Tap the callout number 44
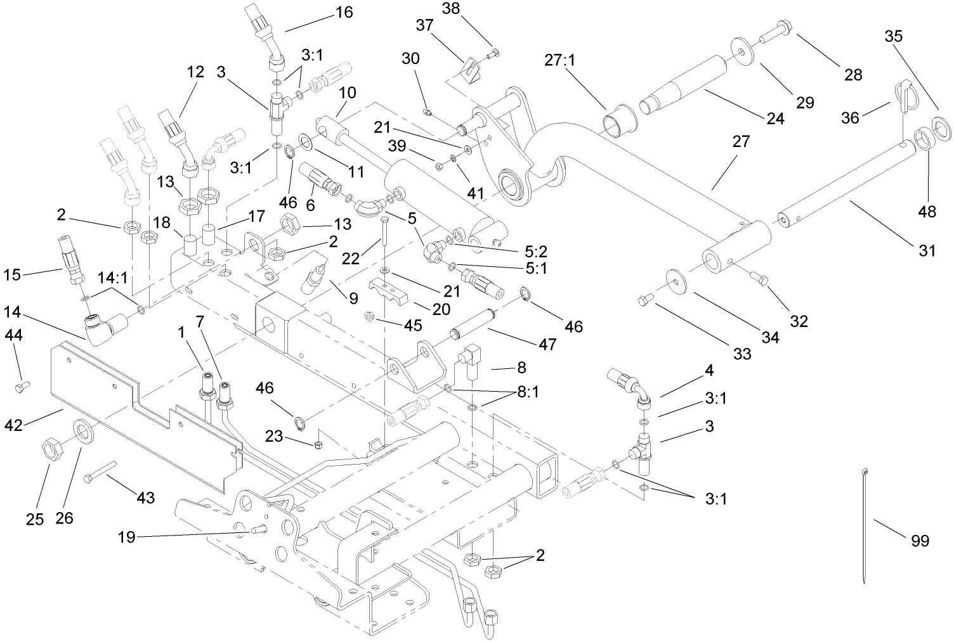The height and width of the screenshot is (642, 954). point(14,335)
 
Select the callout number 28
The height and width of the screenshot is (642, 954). point(853,74)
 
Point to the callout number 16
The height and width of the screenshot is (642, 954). point(344,11)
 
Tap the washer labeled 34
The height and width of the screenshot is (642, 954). point(679,279)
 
